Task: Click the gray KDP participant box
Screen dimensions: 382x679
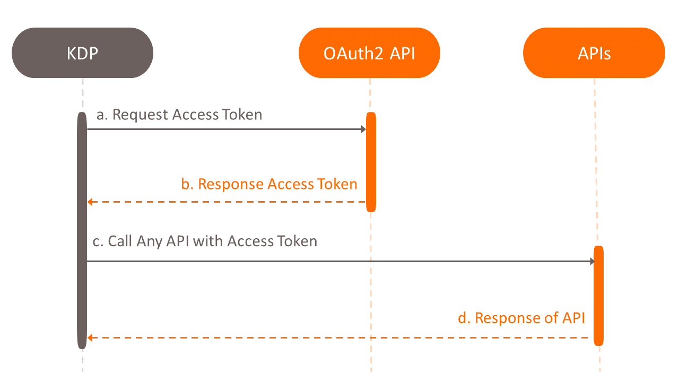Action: (82, 53)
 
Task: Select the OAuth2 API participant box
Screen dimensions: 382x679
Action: (369, 53)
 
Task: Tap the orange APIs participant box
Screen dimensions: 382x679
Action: (594, 53)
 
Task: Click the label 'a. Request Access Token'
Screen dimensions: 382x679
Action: (179, 115)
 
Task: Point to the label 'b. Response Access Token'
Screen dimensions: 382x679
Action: (269, 184)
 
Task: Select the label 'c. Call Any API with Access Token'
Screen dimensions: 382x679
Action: (205, 241)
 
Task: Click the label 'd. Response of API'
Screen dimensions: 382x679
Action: (521, 318)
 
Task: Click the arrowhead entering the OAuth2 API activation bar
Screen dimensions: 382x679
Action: (363, 129)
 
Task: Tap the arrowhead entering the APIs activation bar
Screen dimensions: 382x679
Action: (592, 261)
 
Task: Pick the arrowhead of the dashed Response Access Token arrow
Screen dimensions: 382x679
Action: (90, 202)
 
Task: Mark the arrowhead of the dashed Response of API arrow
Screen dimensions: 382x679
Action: (90, 337)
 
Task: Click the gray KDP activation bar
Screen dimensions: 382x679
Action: (82, 231)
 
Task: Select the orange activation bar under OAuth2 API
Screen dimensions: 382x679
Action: (371, 162)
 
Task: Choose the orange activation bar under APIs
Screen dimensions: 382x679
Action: (598, 296)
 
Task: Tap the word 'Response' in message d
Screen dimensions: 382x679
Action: (503, 318)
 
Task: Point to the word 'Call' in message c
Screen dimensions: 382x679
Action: (120, 241)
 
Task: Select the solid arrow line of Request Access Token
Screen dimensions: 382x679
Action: (223, 129)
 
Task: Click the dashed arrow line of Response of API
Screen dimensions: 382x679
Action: (339, 337)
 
